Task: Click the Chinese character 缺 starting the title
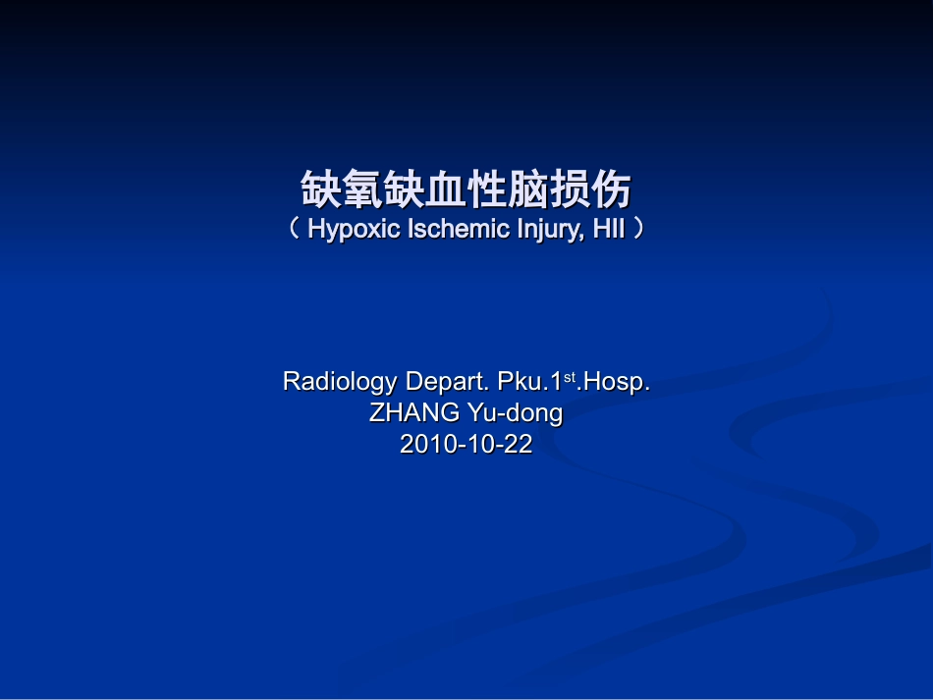coord(321,189)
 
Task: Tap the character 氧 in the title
coord(362,189)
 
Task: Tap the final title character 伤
coord(611,189)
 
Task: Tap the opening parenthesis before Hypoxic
coord(295,230)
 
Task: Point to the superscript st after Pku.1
coord(570,376)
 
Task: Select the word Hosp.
coord(615,382)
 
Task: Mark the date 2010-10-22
coord(466,444)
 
